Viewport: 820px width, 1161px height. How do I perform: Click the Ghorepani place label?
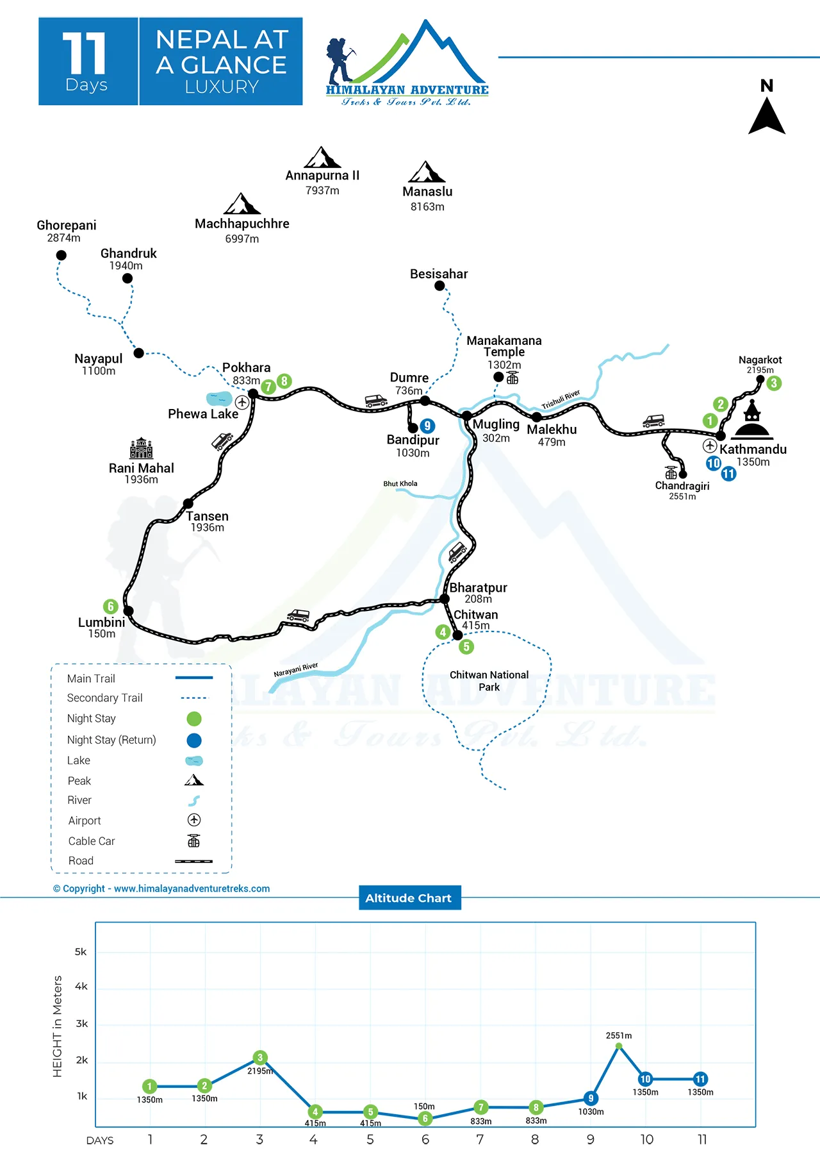click(67, 226)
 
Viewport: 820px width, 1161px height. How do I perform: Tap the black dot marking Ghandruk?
click(127, 278)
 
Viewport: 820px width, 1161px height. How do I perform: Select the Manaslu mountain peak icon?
click(427, 172)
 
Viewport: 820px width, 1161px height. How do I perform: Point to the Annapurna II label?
click(322, 176)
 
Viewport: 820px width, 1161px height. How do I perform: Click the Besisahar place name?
click(439, 274)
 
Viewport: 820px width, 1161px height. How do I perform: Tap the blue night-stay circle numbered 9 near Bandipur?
click(427, 426)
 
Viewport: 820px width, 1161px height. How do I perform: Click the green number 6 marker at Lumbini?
click(111, 606)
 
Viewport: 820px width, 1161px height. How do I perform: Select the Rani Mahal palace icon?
click(141, 448)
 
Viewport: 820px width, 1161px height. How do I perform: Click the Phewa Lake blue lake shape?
click(219, 399)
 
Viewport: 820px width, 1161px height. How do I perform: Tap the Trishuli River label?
click(561, 399)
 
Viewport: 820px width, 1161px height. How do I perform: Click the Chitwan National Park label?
click(489, 681)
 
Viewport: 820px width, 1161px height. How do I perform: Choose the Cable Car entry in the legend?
click(92, 841)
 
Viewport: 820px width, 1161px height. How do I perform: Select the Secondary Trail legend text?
click(104, 698)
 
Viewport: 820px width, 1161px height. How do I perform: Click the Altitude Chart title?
click(409, 898)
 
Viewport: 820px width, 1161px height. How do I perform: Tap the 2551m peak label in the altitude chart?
click(619, 1035)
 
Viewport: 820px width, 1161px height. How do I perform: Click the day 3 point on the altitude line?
click(259, 1058)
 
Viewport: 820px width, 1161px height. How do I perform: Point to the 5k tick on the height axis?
click(81, 952)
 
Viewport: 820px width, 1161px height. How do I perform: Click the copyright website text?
click(161, 889)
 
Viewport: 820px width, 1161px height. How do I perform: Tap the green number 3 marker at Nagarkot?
click(774, 383)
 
